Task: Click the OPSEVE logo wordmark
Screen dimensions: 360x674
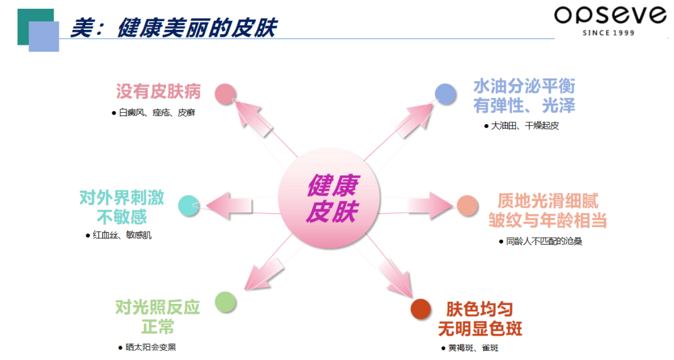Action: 610,16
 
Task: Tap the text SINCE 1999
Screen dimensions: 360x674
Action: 608,32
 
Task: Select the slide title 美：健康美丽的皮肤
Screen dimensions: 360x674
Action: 173,28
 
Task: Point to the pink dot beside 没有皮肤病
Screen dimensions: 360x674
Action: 225,94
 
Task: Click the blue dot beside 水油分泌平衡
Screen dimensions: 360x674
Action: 446,94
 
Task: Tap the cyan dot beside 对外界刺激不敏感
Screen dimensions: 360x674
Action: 188,206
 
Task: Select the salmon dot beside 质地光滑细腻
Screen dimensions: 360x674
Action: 467,206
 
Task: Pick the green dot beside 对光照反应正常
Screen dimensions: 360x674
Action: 225,303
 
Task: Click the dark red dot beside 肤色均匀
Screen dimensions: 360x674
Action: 421,309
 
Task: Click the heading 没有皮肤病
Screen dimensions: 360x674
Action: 159,92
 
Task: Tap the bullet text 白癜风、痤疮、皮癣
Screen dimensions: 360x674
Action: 157,113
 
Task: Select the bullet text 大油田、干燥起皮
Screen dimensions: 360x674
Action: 524,125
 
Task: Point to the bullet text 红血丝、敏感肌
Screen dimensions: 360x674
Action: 121,235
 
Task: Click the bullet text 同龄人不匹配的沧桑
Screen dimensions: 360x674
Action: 544,241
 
